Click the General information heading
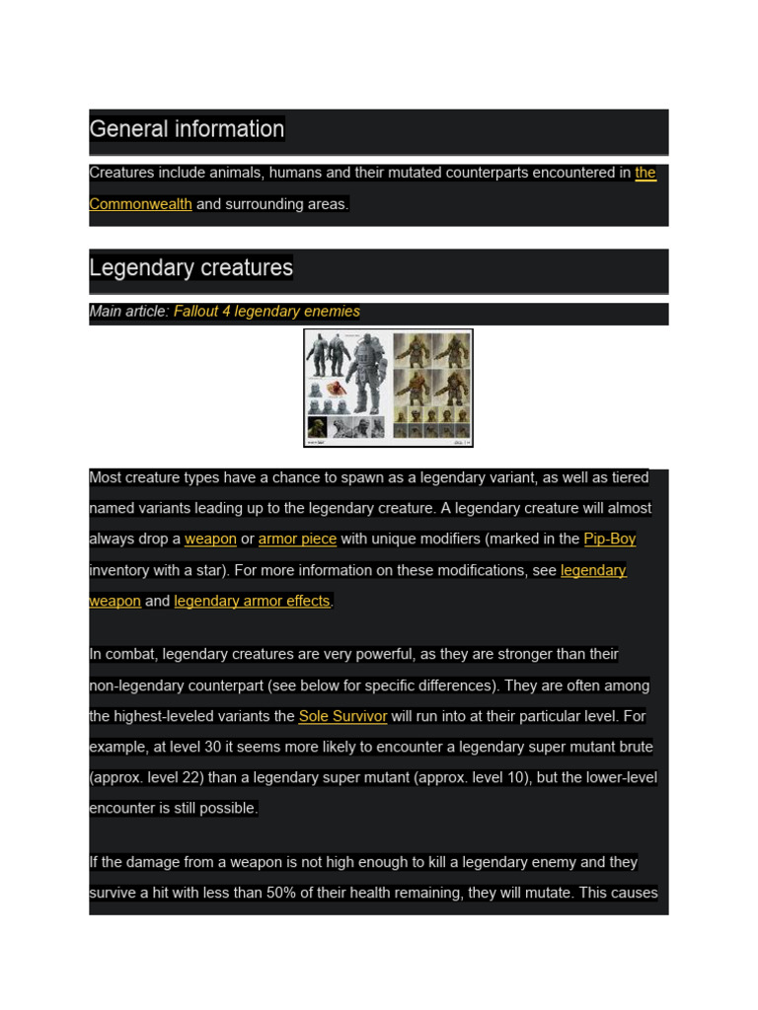coord(187,129)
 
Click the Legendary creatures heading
coord(190,268)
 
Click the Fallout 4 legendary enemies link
coord(266,312)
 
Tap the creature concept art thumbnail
coord(388,388)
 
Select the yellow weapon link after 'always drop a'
coord(210,540)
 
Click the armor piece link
coord(297,540)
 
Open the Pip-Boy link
coord(609,540)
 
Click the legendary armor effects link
coord(252,601)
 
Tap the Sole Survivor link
coord(342,716)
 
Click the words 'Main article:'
coord(128,312)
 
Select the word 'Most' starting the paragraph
coord(106,478)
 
